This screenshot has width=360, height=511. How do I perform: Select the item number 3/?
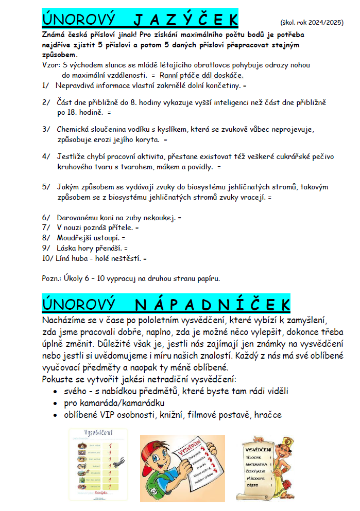tap(47, 129)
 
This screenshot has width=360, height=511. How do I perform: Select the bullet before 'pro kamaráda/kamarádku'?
tap(56, 403)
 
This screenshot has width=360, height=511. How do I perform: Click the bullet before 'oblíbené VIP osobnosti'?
tap(56, 415)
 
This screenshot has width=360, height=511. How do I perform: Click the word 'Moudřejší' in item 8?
tap(75, 238)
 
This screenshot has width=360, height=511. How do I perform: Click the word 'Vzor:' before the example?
tap(50, 65)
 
